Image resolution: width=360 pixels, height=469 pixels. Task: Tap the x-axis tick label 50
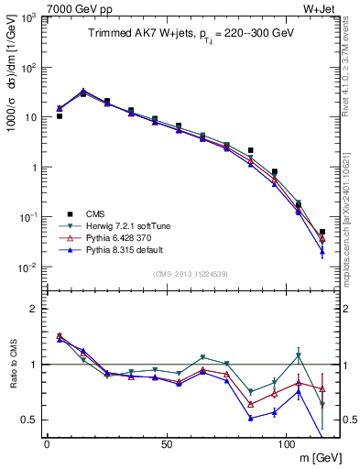click(x=166, y=444)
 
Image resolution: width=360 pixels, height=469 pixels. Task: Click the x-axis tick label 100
click(x=286, y=444)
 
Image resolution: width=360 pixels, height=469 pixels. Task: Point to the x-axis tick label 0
click(x=47, y=444)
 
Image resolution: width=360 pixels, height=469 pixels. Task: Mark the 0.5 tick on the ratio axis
click(x=32, y=420)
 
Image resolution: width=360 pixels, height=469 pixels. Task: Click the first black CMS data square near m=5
click(x=60, y=116)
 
